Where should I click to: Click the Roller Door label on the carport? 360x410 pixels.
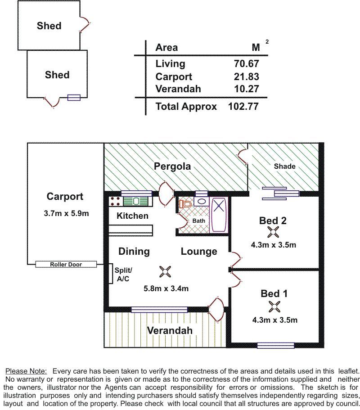(66, 264)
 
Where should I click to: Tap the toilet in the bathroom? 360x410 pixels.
(185, 204)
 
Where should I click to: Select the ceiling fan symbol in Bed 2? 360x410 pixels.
(273, 232)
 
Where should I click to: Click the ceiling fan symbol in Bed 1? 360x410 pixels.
(274, 306)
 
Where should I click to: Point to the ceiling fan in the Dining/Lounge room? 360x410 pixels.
(165, 272)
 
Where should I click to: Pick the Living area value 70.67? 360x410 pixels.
(246, 63)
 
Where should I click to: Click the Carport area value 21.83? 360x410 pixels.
(246, 77)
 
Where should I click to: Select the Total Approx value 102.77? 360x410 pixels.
(243, 106)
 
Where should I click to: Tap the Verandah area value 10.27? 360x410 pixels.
(246, 89)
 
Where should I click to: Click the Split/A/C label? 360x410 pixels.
(123, 274)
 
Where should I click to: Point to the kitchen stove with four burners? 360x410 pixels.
(115, 201)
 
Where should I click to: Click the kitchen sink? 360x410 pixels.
(136, 201)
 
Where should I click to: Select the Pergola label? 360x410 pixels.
(172, 167)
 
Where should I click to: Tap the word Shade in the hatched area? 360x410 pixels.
(284, 167)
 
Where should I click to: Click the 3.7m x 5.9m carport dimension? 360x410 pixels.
(67, 213)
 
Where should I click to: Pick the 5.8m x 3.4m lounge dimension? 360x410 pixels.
(166, 288)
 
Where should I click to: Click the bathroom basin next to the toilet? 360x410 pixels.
(201, 201)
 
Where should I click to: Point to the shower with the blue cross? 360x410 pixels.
(219, 215)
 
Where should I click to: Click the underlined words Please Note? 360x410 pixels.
(26, 371)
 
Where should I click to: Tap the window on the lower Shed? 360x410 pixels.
(74, 98)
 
